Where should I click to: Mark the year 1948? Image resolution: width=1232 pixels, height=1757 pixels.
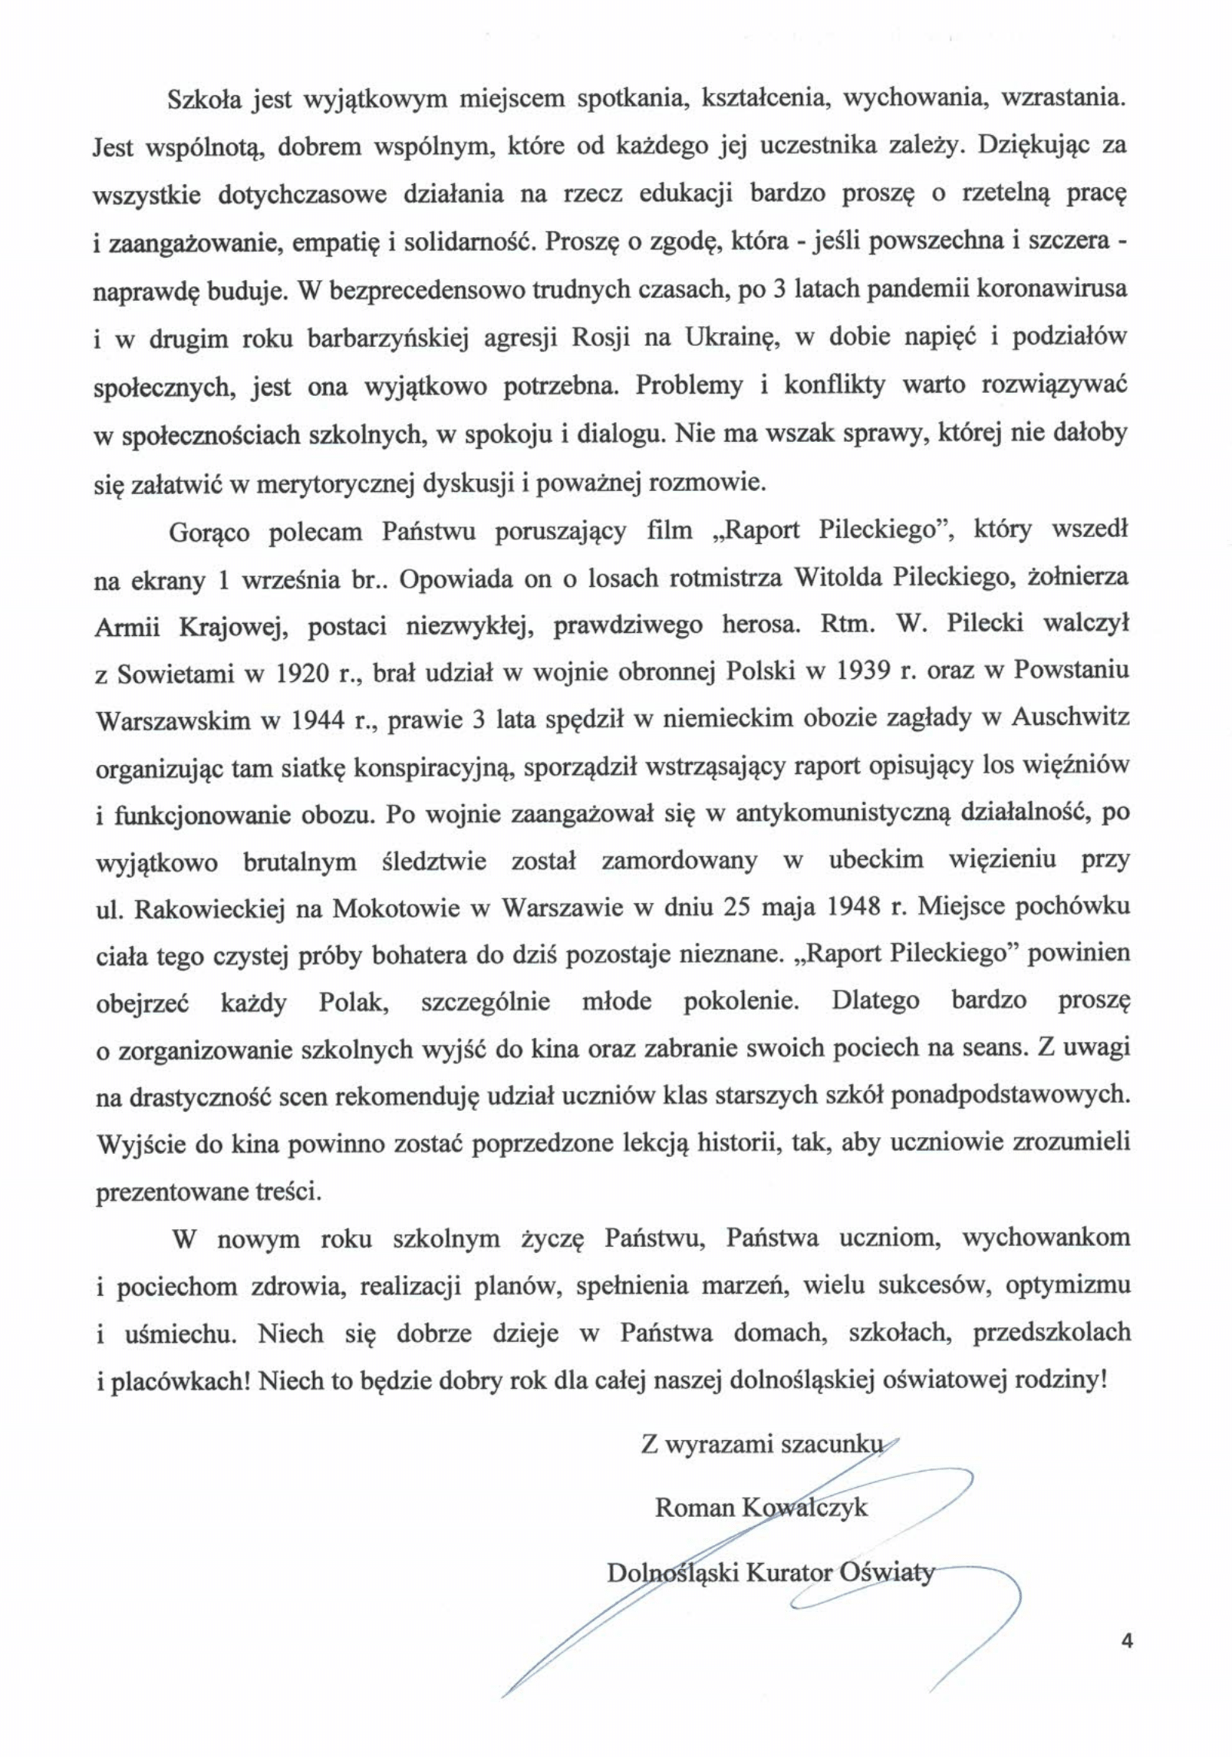[853, 908]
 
